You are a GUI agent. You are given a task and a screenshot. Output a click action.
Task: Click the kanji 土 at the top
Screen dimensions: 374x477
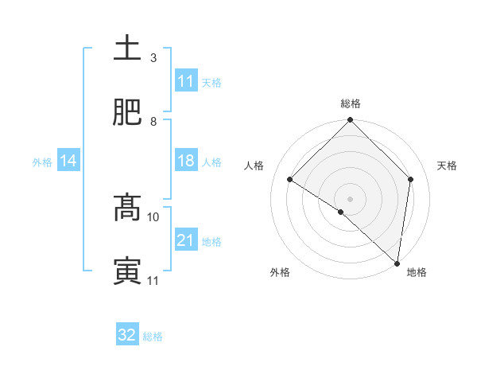point(127,49)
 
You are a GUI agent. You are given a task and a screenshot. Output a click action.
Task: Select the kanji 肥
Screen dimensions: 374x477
point(127,112)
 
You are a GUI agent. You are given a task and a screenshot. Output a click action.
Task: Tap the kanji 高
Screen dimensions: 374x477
point(127,208)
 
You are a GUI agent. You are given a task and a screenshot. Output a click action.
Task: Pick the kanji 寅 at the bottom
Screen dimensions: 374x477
point(127,271)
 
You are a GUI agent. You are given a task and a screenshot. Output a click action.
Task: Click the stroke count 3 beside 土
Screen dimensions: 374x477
point(153,58)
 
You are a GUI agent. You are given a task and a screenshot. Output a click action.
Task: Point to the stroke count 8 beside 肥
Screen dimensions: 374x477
point(153,122)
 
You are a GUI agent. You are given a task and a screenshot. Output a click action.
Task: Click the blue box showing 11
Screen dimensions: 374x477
point(186,81)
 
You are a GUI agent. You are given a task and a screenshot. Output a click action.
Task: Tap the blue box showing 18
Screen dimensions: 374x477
point(186,161)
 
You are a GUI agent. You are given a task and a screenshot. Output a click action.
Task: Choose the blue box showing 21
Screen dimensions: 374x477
point(186,240)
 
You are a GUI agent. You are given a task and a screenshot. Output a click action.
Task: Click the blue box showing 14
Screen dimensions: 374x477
point(68,162)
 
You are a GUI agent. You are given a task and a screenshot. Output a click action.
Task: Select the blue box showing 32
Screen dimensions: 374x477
point(127,335)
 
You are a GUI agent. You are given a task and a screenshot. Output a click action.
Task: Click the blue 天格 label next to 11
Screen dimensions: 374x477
point(211,82)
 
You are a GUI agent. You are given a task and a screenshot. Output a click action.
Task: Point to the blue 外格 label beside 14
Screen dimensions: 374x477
point(42,162)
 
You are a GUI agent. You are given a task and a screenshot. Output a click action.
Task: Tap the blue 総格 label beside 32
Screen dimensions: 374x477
point(153,337)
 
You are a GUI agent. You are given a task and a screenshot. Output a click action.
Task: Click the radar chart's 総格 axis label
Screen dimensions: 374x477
point(351,103)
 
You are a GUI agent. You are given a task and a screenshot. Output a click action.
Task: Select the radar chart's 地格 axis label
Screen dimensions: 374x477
point(417,272)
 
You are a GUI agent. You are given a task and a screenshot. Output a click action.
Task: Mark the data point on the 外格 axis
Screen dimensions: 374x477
point(341,212)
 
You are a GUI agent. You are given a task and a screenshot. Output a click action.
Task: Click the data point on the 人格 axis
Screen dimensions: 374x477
point(291,179)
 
